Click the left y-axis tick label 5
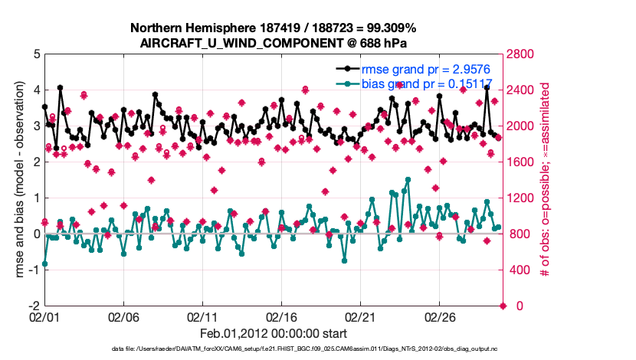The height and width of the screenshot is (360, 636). pyautogui.click(x=36, y=54)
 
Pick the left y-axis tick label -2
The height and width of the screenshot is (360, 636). pyautogui.click(x=34, y=306)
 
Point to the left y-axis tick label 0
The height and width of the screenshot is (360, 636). pyautogui.click(x=36, y=234)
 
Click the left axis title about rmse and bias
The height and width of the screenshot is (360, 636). pyautogui.click(x=17, y=180)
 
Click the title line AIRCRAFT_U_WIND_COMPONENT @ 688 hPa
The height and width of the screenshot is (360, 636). pyautogui.click(x=274, y=43)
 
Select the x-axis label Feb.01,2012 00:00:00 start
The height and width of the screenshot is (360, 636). pyautogui.click(x=274, y=334)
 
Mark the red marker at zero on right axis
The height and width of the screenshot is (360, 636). pyautogui.click(x=503, y=306)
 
